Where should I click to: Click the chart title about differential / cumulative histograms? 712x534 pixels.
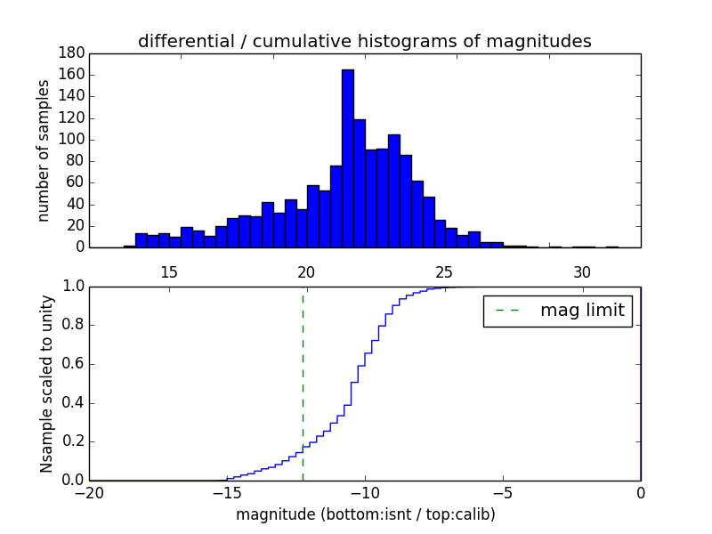pos(364,41)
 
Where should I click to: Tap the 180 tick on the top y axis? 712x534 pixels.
pos(72,53)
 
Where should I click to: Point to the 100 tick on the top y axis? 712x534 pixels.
pos(72,140)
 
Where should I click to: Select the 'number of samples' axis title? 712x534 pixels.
pos(44,150)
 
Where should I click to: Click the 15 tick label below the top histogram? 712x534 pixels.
pos(168,271)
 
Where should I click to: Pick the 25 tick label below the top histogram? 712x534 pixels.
pos(444,271)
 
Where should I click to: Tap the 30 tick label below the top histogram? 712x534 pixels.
pos(582,271)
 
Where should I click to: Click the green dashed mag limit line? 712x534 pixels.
pos(303,383)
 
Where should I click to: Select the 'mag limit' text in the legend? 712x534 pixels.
pos(582,311)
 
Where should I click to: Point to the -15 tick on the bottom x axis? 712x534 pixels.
pos(227,493)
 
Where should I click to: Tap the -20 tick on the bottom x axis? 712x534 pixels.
pos(90,493)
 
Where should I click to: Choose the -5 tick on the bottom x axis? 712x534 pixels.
pos(503,493)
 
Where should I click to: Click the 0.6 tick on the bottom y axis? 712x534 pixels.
pos(71,364)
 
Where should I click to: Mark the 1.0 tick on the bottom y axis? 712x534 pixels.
pos(71,287)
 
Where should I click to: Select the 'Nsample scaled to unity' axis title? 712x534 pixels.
pos(46,383)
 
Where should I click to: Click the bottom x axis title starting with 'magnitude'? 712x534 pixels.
pos(365,514)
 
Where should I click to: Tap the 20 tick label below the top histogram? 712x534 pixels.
pos(306,271)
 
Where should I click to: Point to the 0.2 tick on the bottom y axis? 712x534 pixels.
pos(71,441)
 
